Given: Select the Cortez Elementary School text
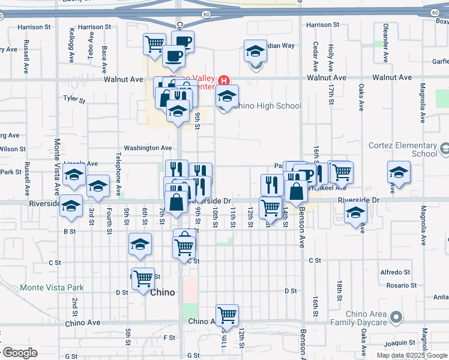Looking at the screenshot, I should tap(408, 149).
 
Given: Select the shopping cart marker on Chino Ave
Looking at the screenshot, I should tap(227, 314).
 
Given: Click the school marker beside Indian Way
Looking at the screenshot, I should tap(255, 51).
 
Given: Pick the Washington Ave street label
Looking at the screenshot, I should tap(148, 148).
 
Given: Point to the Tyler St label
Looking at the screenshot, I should tap(75, 98).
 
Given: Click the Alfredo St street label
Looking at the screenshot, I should tap(396, 272).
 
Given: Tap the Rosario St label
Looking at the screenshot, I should tap(396, 285).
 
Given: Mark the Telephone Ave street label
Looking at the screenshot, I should tap(119, 174).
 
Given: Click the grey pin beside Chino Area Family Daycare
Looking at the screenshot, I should tap(396, 316).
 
